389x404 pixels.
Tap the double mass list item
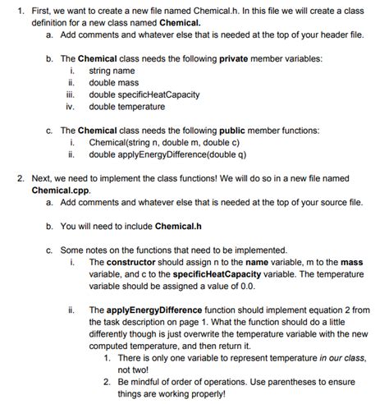[114, 83]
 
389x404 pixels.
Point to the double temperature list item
[126, 106]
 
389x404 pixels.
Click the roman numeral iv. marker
[71, 106]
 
